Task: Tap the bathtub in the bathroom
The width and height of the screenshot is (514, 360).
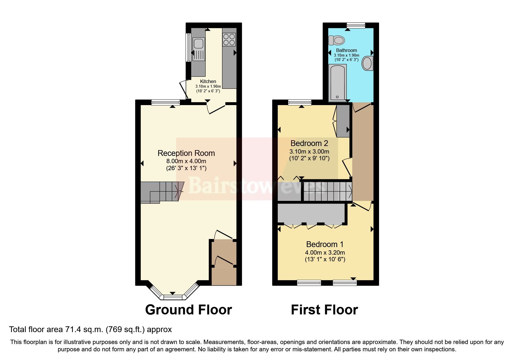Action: [337, 83]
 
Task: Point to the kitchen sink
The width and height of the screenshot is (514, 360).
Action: [198, 44]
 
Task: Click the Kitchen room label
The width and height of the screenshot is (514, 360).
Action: [208, 81]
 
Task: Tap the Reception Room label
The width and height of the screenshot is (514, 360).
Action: [186, 153]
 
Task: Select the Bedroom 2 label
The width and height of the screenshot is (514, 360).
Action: [309, 143]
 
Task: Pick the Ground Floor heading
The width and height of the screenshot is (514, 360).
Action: [188, 310]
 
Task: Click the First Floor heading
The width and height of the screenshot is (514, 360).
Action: [324, 310]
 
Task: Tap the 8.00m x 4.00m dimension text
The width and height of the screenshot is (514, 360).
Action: [186, 161]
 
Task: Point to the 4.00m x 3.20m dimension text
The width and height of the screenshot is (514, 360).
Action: [325, 253]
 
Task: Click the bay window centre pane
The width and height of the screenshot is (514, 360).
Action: [173, 297]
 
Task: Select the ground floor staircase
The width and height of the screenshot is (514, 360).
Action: [161, 192]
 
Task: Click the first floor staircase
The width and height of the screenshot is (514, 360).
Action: [327, 191]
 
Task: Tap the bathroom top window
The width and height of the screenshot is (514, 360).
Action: [356, 26]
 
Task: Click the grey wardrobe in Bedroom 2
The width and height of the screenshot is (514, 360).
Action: [343, 121]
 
